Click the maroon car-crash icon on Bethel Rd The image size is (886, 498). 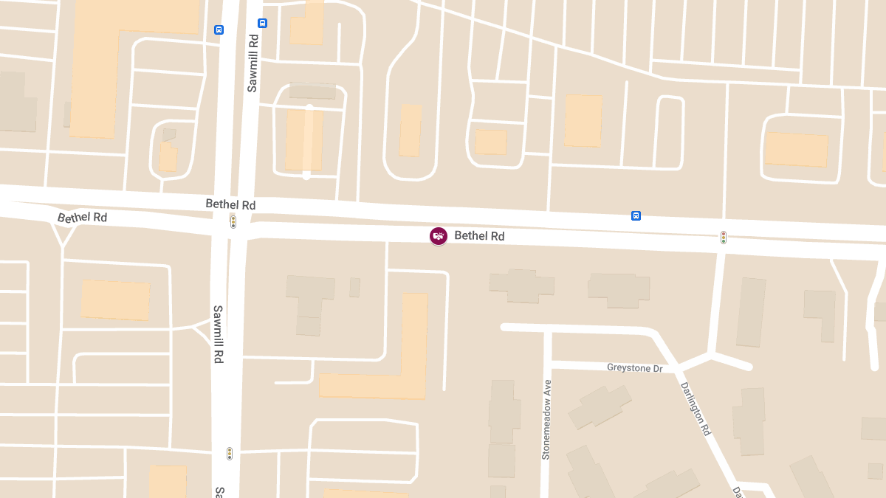[439, 236]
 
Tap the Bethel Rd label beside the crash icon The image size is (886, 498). [479, 236]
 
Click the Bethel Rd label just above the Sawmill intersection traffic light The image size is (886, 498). [230, 204]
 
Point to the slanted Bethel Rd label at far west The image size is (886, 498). [83, 218]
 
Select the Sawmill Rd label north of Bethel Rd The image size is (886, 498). [253, 63]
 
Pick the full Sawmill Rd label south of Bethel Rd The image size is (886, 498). [219, 334]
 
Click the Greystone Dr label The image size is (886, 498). [635, 367]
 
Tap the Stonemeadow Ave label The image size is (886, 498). [547, 420]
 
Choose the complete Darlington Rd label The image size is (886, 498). [695, 409]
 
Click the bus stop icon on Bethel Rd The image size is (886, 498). [636, 215]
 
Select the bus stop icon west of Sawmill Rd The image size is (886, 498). [219, 30]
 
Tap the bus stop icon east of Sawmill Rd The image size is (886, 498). [262, 23]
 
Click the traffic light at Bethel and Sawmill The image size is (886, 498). [233, 221]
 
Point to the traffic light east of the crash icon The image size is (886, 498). [724, 238]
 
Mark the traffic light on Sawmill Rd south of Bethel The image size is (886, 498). [230, 453]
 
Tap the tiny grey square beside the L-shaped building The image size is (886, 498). [354, 287]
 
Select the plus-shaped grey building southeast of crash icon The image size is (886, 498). [521, 286]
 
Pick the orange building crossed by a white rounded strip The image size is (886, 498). [304, 140]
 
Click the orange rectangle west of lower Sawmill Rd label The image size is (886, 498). [115, 300]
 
